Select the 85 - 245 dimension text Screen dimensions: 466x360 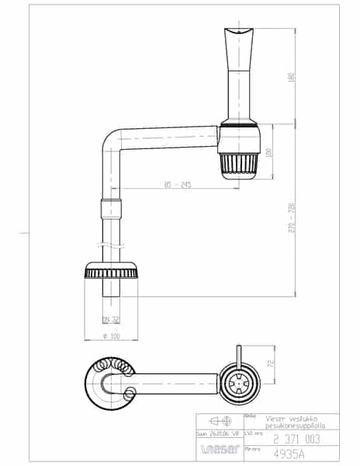[x=178, y=185]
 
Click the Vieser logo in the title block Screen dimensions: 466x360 [x=218, y=448]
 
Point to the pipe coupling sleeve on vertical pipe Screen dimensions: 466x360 [x=112, y=207]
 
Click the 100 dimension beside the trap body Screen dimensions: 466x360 [x=269, y=152]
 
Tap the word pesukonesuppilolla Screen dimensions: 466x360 [x=289, y=426]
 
